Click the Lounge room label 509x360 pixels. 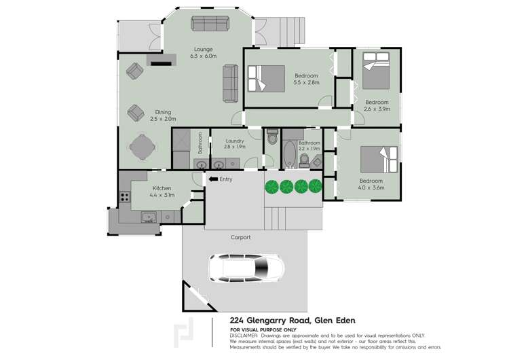202,49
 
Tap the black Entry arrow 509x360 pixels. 212,179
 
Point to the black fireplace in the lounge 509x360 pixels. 161,64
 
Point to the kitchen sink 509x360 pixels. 149,217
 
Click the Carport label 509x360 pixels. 241,237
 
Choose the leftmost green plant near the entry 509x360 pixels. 271,186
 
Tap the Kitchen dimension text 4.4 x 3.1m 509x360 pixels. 162,195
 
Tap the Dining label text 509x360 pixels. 162,112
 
